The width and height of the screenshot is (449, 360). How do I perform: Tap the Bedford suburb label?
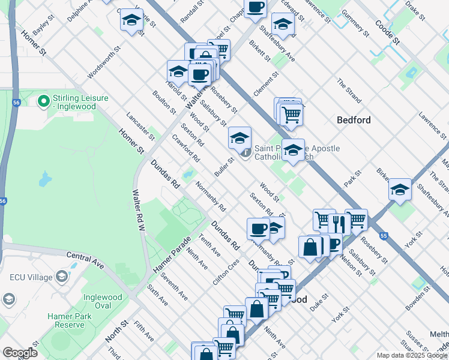point(354,120)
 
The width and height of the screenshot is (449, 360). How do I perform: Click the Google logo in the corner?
point(19,352)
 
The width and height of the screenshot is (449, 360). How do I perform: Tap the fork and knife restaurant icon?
point(339,223)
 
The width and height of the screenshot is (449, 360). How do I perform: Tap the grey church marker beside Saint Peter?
point(246,154)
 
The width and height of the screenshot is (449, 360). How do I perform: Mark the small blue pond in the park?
point(44,179)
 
